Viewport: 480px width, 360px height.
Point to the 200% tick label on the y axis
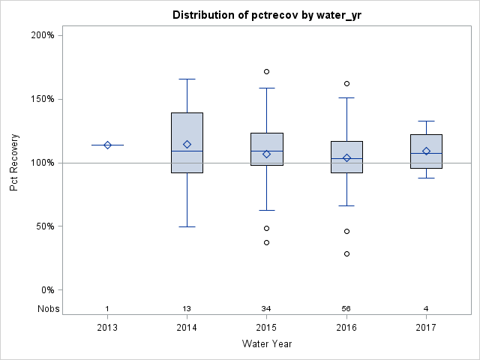[41, 35]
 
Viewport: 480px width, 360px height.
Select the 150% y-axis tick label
[41, 99]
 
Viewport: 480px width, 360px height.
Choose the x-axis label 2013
[107, 328]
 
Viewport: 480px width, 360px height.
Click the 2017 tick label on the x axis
[426, 328]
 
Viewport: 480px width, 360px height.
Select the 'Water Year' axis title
[266, 344]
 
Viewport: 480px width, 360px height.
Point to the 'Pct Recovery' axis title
[15, 163]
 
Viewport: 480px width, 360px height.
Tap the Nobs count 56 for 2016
[346, 309]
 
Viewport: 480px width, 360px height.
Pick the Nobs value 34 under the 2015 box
[266, 309]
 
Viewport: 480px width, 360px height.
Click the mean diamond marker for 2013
[107, 145]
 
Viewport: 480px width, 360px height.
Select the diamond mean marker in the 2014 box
[187, 144]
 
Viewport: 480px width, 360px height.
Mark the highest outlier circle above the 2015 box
[266, 72]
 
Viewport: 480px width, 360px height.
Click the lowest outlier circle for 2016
[346, 253]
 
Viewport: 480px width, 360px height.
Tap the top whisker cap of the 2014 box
[187, 79]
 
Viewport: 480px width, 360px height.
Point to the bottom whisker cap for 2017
[426, 178]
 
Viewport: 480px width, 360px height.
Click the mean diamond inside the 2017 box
[426, 151]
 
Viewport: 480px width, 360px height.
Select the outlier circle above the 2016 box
[346, 83]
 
